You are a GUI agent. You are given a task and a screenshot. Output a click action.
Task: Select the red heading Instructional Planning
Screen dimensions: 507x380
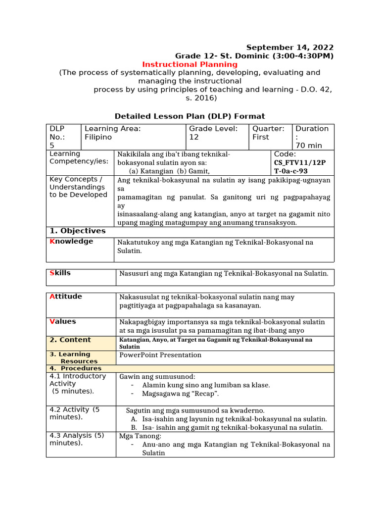click(190, 64)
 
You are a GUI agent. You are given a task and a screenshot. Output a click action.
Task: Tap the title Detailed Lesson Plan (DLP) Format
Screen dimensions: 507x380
click(190, 116)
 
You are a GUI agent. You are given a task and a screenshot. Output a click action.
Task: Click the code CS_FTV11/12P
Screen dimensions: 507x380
click(300, 162)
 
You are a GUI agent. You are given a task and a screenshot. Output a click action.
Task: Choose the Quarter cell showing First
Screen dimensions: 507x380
click(261, 137)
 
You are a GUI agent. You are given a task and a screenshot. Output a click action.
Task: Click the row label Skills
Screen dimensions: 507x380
click(60, 273)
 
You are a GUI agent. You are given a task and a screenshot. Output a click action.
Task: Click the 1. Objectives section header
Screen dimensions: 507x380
click(78, 231)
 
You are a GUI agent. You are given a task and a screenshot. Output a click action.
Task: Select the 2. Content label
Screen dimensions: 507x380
click(70, 340)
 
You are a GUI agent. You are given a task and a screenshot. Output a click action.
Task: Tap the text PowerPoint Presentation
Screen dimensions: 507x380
click(160, 355)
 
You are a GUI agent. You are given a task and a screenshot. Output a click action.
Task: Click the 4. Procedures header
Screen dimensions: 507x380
click(75, 368)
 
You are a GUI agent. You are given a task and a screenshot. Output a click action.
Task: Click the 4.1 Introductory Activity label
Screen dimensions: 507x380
click(78, 380)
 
